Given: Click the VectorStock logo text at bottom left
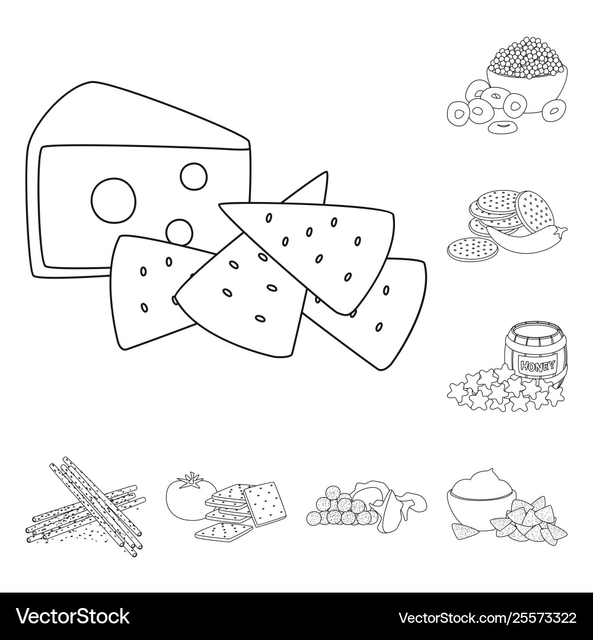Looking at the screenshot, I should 73,617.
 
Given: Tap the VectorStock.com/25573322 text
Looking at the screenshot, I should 487,617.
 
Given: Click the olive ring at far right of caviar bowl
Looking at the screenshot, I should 554,109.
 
